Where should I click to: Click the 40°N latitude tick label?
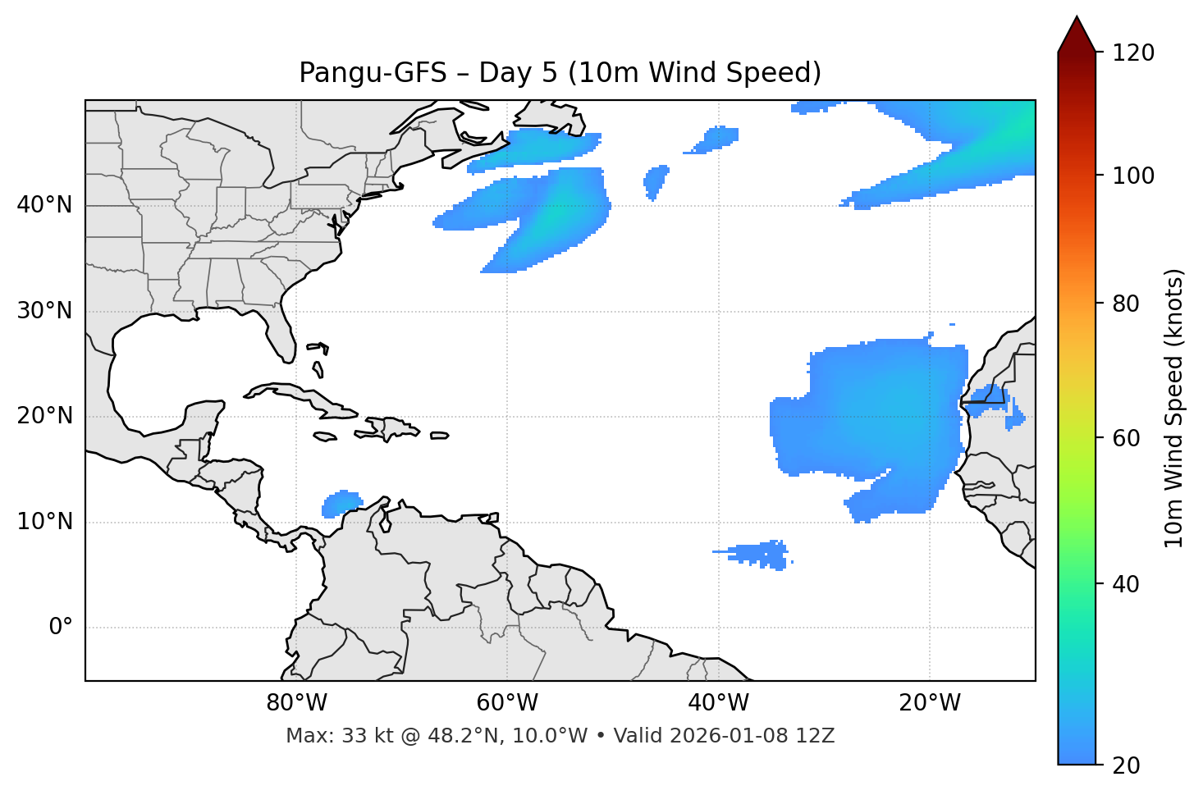tap(44, 205)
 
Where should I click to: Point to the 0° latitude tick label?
tap(61, 628)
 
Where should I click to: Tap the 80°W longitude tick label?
tap(296, 703)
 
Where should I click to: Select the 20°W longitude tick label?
tap(930, 703)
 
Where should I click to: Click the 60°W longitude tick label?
tap(507, 703)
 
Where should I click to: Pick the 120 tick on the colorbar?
tap(1133, 53)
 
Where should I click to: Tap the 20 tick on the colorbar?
tap(1126, 765)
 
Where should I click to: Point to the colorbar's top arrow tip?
tap(1077, 17)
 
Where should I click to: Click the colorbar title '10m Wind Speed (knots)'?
tap(1174, 409)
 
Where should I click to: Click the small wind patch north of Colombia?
tap(341, 503)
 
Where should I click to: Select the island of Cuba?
tap(295, 395)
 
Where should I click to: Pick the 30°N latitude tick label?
tap(44, 311)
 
